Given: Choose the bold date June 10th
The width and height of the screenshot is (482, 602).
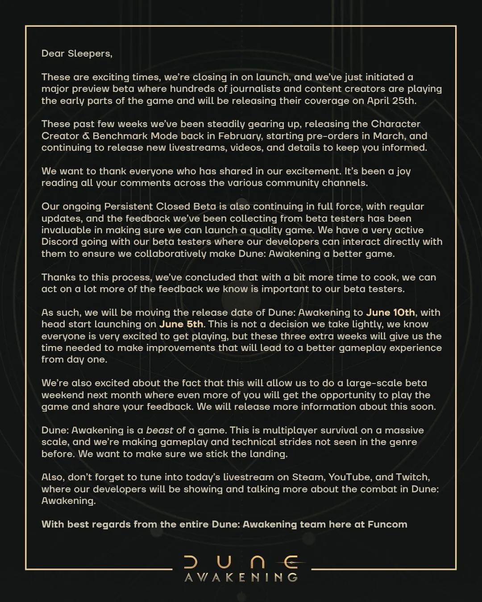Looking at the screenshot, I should [x=391, y=312].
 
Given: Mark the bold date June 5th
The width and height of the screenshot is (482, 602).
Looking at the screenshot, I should [x=181, y=324].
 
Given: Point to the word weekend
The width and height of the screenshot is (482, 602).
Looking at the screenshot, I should [x=62, y=395].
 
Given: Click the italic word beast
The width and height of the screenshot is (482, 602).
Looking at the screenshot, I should [x=160, y=430].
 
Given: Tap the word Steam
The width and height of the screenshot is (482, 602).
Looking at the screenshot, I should [x=307, y=477].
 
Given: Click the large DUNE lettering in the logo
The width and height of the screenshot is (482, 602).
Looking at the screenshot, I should [x=241, y=563].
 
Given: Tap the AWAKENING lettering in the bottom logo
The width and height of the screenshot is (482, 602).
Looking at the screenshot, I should [x=241, y=577].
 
